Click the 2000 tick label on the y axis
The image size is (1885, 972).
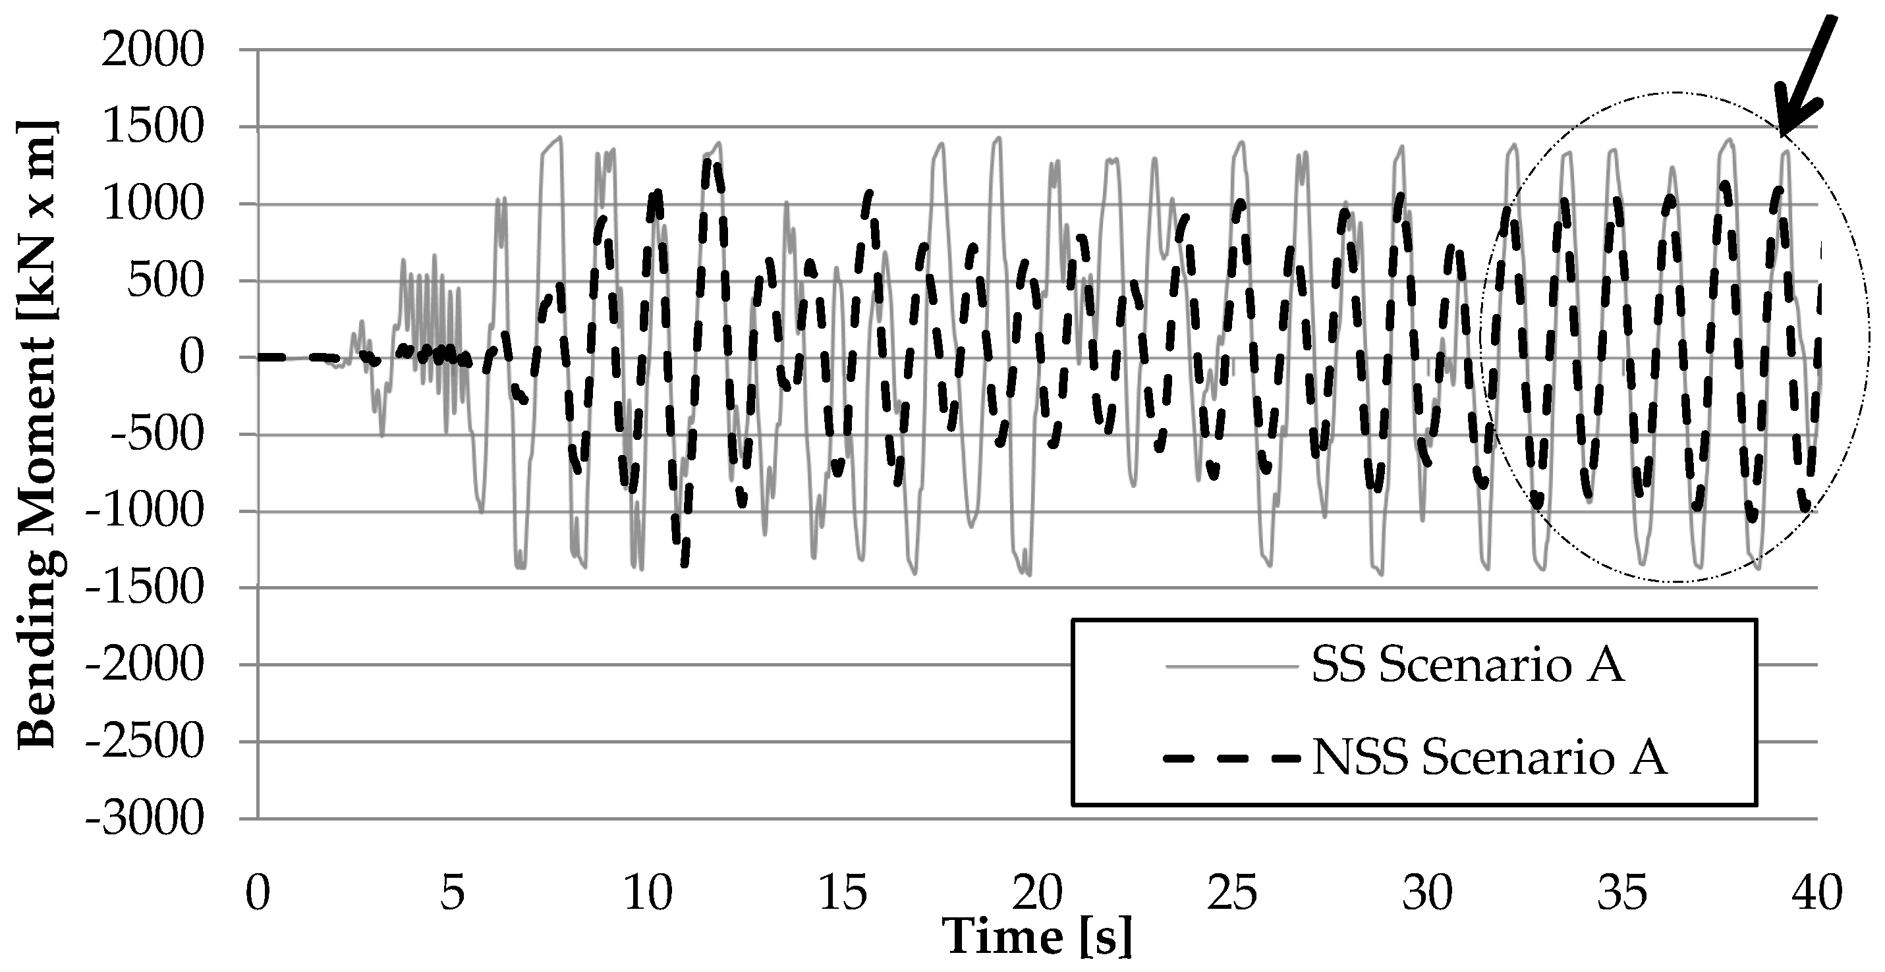tap(152, 51)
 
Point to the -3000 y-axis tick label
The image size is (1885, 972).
tap(144, 819)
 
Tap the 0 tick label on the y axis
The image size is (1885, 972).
tap(192, 358)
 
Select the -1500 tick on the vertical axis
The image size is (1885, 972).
tap(144, 589)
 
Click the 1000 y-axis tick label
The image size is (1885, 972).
tap(152, 205)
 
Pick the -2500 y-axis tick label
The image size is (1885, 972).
tap(144, 742)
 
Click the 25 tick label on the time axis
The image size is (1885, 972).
tap(1232, 893)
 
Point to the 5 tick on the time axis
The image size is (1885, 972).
tap(453, 893)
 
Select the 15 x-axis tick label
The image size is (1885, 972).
tap(843, 893)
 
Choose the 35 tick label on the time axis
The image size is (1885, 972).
tap(1622, 893)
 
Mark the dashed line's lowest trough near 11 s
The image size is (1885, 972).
tap(684, 563)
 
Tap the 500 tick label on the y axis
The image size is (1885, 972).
tap(164, 282)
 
